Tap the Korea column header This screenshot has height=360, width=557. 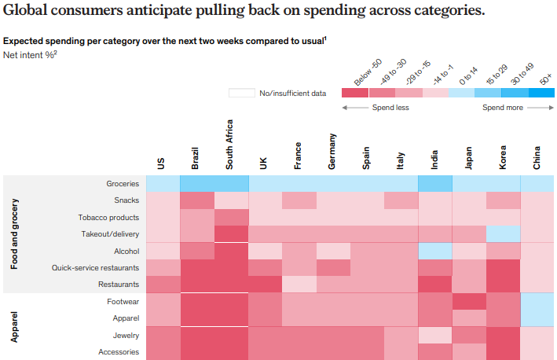pyautogui.click(x=503, y=157)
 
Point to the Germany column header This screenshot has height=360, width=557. pyautogui.click(x=332, y=152)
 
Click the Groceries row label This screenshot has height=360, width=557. pyautogui.click(x=123, y=183)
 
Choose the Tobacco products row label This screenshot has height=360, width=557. pyautogui.click(x=108, y=217)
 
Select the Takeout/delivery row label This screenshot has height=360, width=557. pyautogui.click(x=110, y=234)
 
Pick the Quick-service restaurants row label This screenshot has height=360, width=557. pyautogui.click(x=95, y=268)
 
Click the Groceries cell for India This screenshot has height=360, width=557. pyautogui.click(x=435, y=183)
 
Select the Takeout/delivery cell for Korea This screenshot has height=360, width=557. pyautogui.click(x=503, y=234)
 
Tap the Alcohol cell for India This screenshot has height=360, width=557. pyautogui.click(x=435, y=251)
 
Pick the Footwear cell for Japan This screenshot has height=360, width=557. pyautogui.click(x=469, y=302)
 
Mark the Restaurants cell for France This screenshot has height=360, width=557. pyautogui.click(x=299, y=285)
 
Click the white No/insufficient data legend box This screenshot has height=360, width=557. pyautogui.click(x=241, y=94)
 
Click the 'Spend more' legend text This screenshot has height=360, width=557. pyautogui.click(x=503, y=108)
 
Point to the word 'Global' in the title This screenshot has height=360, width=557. pyautogui.click(x=30, y=12)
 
